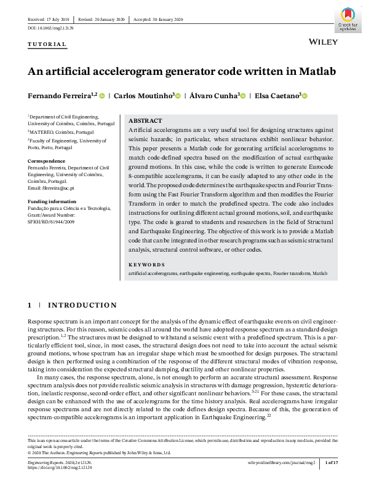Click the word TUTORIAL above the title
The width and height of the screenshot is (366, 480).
pyautogui.click(x=47, y=45)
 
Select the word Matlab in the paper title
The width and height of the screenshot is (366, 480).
pyautogui.click(x=317, y=71)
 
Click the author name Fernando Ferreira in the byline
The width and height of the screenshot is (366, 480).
pyautogui.click(x=59, y=96)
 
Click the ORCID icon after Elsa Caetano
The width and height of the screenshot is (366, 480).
pyautogui.click(x=304, y=96)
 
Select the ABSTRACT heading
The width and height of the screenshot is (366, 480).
pyautogui.click(x=145, y=121)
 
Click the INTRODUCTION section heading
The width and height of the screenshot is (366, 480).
pyautogui.click(x=82, y=305)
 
